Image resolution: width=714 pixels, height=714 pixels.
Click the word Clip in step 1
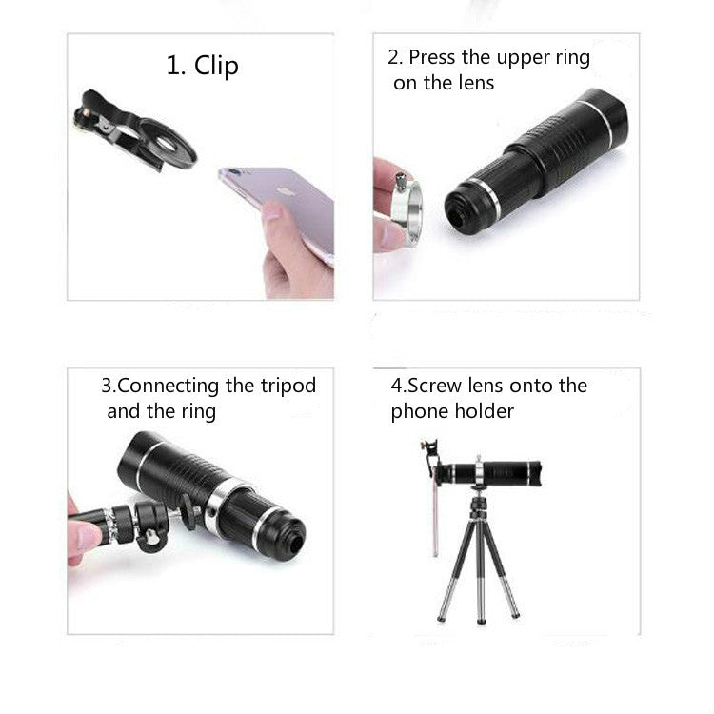point(217,66)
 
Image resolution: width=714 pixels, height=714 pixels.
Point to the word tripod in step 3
point(286,386)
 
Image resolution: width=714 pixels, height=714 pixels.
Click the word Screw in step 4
point(435,386)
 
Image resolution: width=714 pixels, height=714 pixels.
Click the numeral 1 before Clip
point(173,66)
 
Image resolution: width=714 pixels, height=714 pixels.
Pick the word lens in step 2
point(475,83)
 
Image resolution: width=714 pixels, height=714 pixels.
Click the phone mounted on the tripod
point(434,505)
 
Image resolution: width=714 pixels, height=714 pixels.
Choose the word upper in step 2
point(504,57)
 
